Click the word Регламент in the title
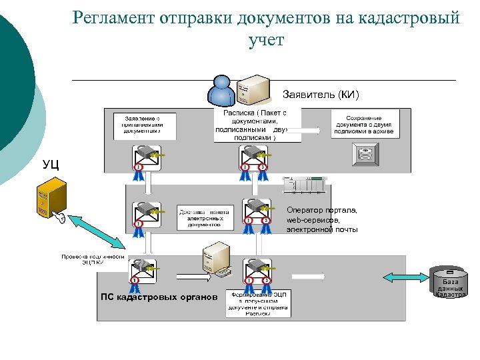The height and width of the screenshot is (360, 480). tap(113, 18)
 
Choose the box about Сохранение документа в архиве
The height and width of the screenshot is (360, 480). tap(364, 125)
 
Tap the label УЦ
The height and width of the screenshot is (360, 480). tap(51, 164)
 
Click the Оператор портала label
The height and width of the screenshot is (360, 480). tap(322, 220)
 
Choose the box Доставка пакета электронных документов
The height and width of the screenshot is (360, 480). tap(203, 217)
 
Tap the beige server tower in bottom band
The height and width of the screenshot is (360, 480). tap(217, 259)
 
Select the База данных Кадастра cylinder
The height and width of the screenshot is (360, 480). tap(451, 283)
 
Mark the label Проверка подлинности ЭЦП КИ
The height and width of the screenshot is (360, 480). tap(93, 259)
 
